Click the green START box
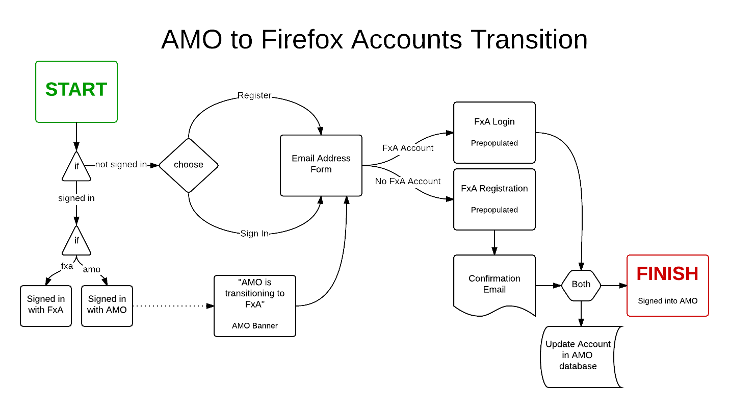[76, 92]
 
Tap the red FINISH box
[668, 286]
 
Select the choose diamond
[189, 165]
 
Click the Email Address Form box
[321, 165]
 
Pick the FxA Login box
[494, 133]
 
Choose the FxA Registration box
[494, 199]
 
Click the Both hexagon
[581, 286]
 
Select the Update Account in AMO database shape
[582, 357]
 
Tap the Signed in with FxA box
[46, 306]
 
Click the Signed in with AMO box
[107, 306]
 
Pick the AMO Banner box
[255, 306]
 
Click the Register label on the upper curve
[254, 95]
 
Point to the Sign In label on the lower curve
[254, 234]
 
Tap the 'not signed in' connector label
[121, 164]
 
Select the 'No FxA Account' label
[407, 181]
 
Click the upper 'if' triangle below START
[76, 166]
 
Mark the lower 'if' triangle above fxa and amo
[76, 240]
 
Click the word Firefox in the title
[302, 39]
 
